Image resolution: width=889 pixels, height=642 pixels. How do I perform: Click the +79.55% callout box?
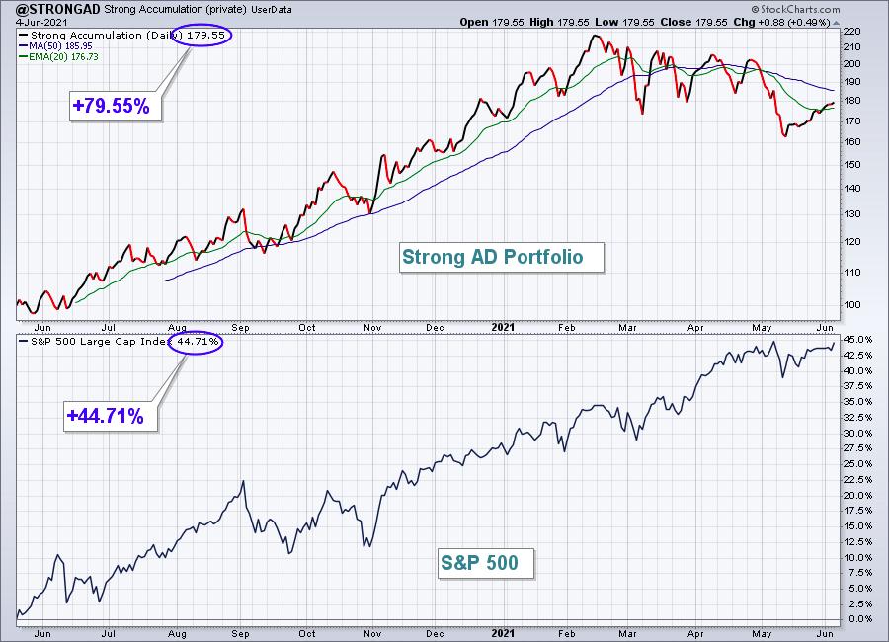pyautogui.click(x=116, y=106)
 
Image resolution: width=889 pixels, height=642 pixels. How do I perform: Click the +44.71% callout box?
pyautogui.click(x=110, y=416)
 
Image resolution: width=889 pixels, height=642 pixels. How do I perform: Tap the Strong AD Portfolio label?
pyautogui.click(x=501, y=258)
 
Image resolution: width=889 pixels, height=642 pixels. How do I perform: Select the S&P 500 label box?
pyautogui.click(x=485, y=563)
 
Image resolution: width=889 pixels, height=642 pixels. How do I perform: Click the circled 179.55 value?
pyautogui.click(x=202, y=36)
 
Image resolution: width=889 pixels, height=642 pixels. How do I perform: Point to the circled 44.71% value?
pyautogui.click(x=195, y=342)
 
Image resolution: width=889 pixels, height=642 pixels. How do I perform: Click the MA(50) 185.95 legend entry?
pyautogui.click(x=56, y=46)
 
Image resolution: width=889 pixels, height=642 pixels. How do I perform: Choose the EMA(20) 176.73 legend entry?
pyautogui.click(x=59, y=56)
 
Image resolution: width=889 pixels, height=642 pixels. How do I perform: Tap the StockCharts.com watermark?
pyautogui.click(x=796, y=9)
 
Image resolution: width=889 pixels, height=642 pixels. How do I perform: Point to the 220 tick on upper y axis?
pyautogui.click(x=852, y=32)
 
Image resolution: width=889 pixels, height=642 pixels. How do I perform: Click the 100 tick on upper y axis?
pyautogui.click(x=852, y=304)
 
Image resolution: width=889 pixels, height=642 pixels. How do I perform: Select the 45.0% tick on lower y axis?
pyautogui.click(x=856, y=340)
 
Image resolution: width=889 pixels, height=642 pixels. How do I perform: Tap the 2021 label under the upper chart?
pyautogui.click(x=503, y=327)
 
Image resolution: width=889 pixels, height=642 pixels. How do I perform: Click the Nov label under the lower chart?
pyautogui.click(x=372, y=633)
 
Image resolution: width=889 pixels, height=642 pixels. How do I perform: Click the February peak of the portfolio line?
pyautogui.click(x=595, y=36)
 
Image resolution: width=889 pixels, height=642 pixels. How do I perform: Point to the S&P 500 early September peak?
pyautogui.click(x=243, y=481)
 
